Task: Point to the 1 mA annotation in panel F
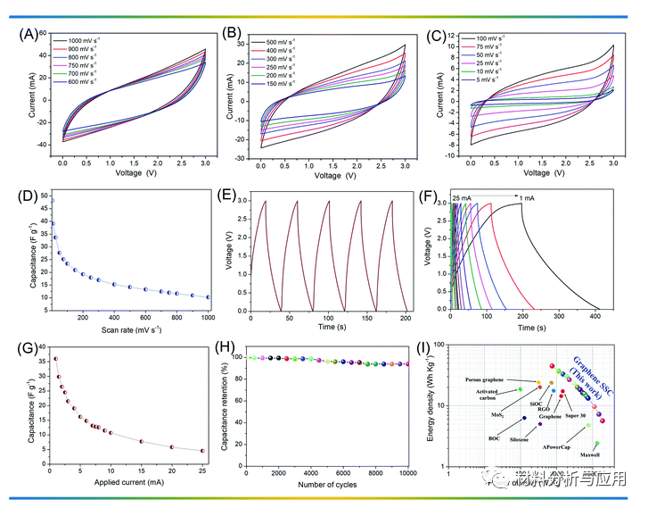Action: tap(529, 197)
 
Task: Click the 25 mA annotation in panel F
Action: tap(462, 197)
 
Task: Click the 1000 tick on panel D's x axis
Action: tap(207, 316)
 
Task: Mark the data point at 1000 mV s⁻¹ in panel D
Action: tap(208, 297)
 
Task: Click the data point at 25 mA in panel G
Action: tap(202, 451)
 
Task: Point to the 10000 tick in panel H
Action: tap(406, 473)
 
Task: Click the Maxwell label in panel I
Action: tap(590, 454)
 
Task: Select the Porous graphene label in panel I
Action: tap(491, 379)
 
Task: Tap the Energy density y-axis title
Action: tap(431, 406)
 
